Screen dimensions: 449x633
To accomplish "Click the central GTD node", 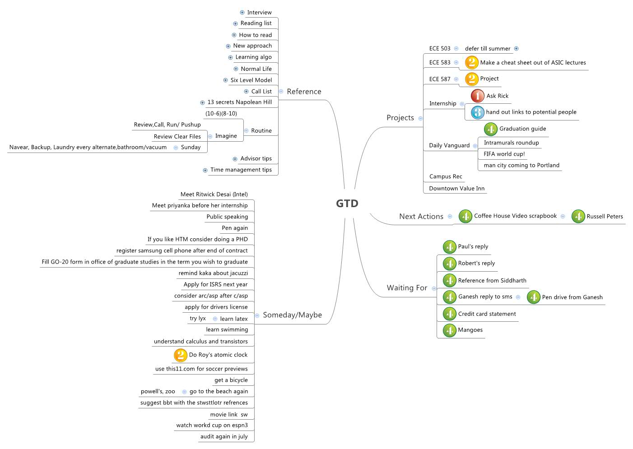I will [x=347, y=204].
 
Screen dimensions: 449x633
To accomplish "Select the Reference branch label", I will [x=304, y=92].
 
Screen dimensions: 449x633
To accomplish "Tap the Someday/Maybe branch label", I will [x=292, y=315].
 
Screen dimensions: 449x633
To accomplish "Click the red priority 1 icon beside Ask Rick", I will [x=477, y=96].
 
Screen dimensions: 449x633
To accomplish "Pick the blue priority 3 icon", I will [x=477, y=112].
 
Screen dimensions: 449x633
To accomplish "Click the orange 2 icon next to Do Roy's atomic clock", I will [x=180, y=355].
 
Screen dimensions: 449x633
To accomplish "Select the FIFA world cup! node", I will [x=504, y=154].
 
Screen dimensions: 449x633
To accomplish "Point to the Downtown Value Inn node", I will [x=456, y=189].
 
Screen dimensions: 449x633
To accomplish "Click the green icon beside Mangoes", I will [x=449, y=330].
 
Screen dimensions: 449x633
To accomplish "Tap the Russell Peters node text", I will [x=605, y=217].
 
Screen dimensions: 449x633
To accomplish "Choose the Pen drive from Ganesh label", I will [x=572, y=297].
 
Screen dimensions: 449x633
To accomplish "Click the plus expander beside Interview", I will [x=242, y=13].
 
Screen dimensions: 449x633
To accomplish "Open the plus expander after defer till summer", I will [x=516, y=49].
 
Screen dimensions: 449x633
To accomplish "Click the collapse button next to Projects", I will [x=420, y=119].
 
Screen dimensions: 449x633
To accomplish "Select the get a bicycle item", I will [x=231, y=380].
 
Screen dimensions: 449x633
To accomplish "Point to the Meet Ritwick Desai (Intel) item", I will [x=214, y=194].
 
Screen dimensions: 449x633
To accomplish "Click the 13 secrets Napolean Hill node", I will [x=239, y=102].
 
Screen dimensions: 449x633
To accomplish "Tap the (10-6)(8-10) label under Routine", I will [x=221, y=114].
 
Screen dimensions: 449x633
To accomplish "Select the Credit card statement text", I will [x=487, y=314].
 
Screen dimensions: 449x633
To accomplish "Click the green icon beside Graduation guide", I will [x=490, y=129].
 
